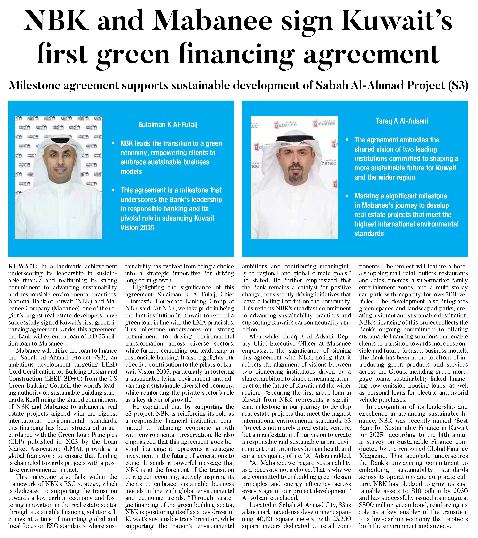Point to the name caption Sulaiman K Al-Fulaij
click(168, 124)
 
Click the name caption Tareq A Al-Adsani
click(402, 121)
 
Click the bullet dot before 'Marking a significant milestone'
click(347, 196)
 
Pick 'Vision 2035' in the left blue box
click(137, 228)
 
